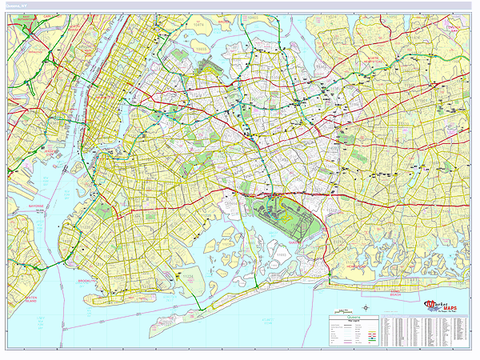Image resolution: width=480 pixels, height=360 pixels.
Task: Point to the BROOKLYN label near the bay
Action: [88, 282]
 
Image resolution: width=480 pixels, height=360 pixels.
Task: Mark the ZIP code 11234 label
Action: [188, 275]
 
